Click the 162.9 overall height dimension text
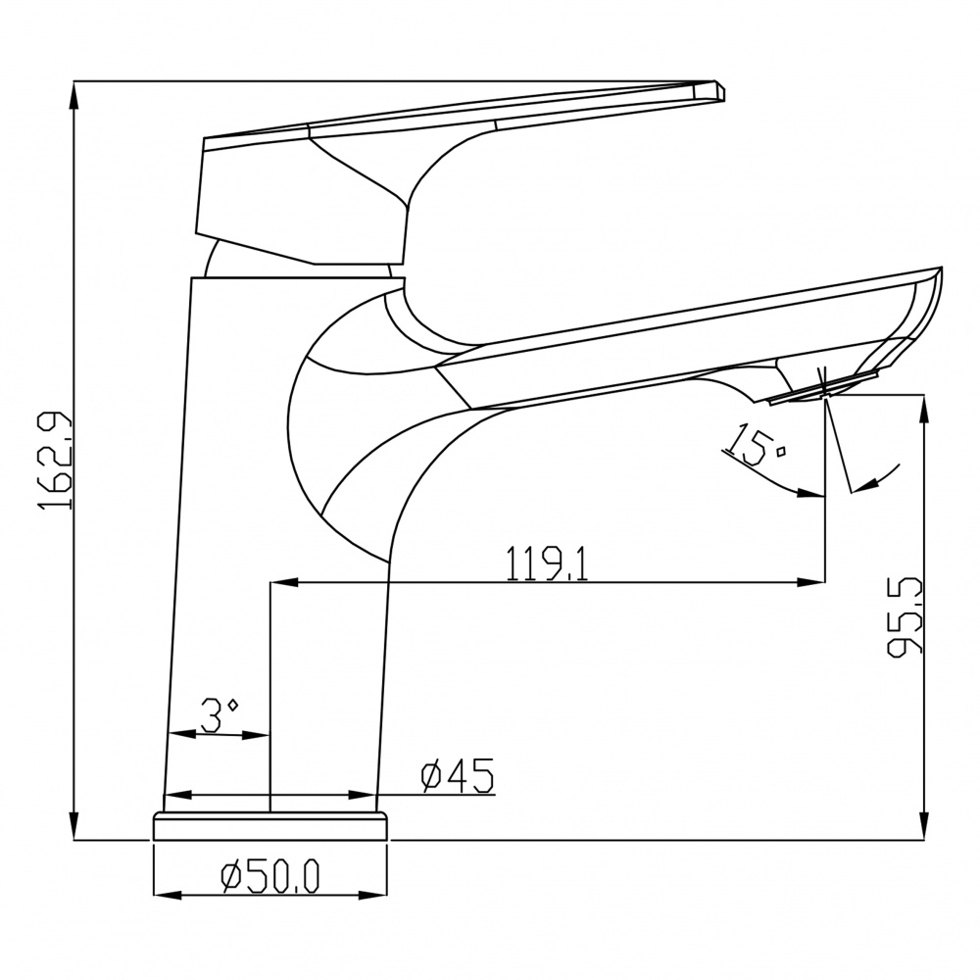point(56,461)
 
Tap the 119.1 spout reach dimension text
point(547,563)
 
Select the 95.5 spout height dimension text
point(905,616)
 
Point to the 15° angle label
point(754,444)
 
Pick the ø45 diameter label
point(457,775)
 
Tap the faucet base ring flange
point(270,826)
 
